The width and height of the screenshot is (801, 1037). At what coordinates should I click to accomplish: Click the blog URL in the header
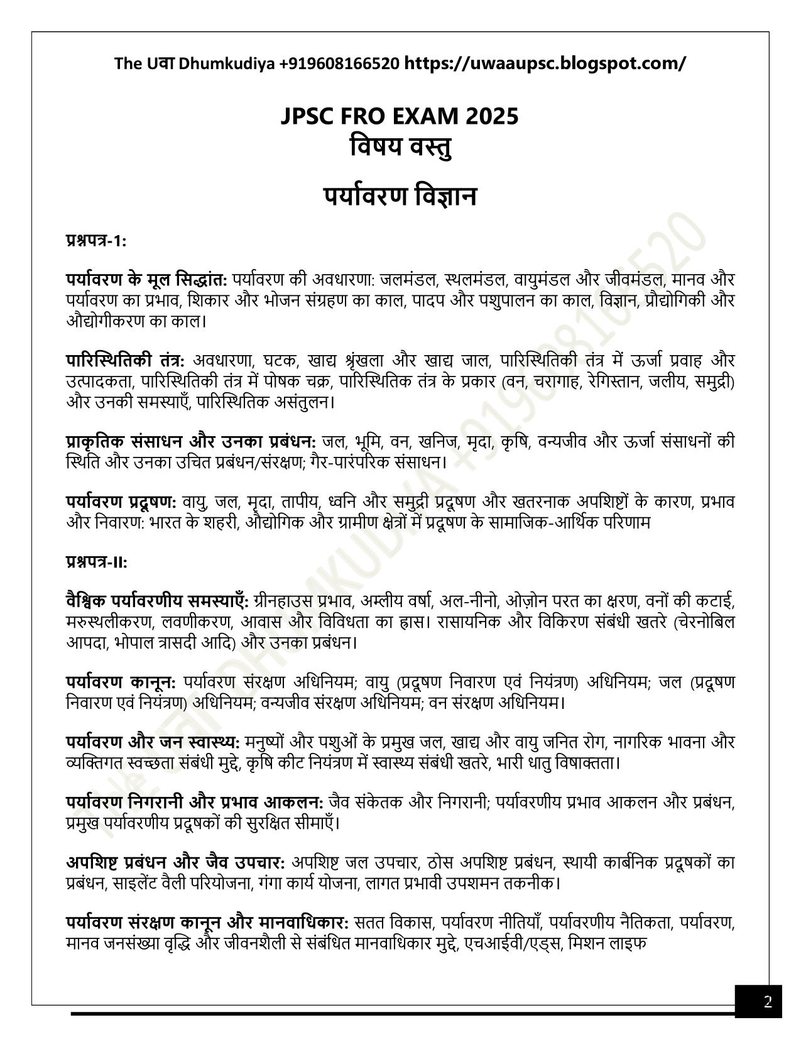click(x=545, y=63)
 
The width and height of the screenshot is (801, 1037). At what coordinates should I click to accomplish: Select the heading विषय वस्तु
click(x=400, y=149)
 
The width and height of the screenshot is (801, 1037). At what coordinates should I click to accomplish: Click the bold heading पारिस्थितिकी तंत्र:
click(x=125, y=361)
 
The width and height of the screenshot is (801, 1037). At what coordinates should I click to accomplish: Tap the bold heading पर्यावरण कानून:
click(x=121, y=683)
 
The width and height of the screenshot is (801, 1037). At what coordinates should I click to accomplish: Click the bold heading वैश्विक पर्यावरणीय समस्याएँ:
click(x=158, y=601)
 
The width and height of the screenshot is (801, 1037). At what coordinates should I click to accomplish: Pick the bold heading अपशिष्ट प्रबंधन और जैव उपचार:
click(x=176, y=862)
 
